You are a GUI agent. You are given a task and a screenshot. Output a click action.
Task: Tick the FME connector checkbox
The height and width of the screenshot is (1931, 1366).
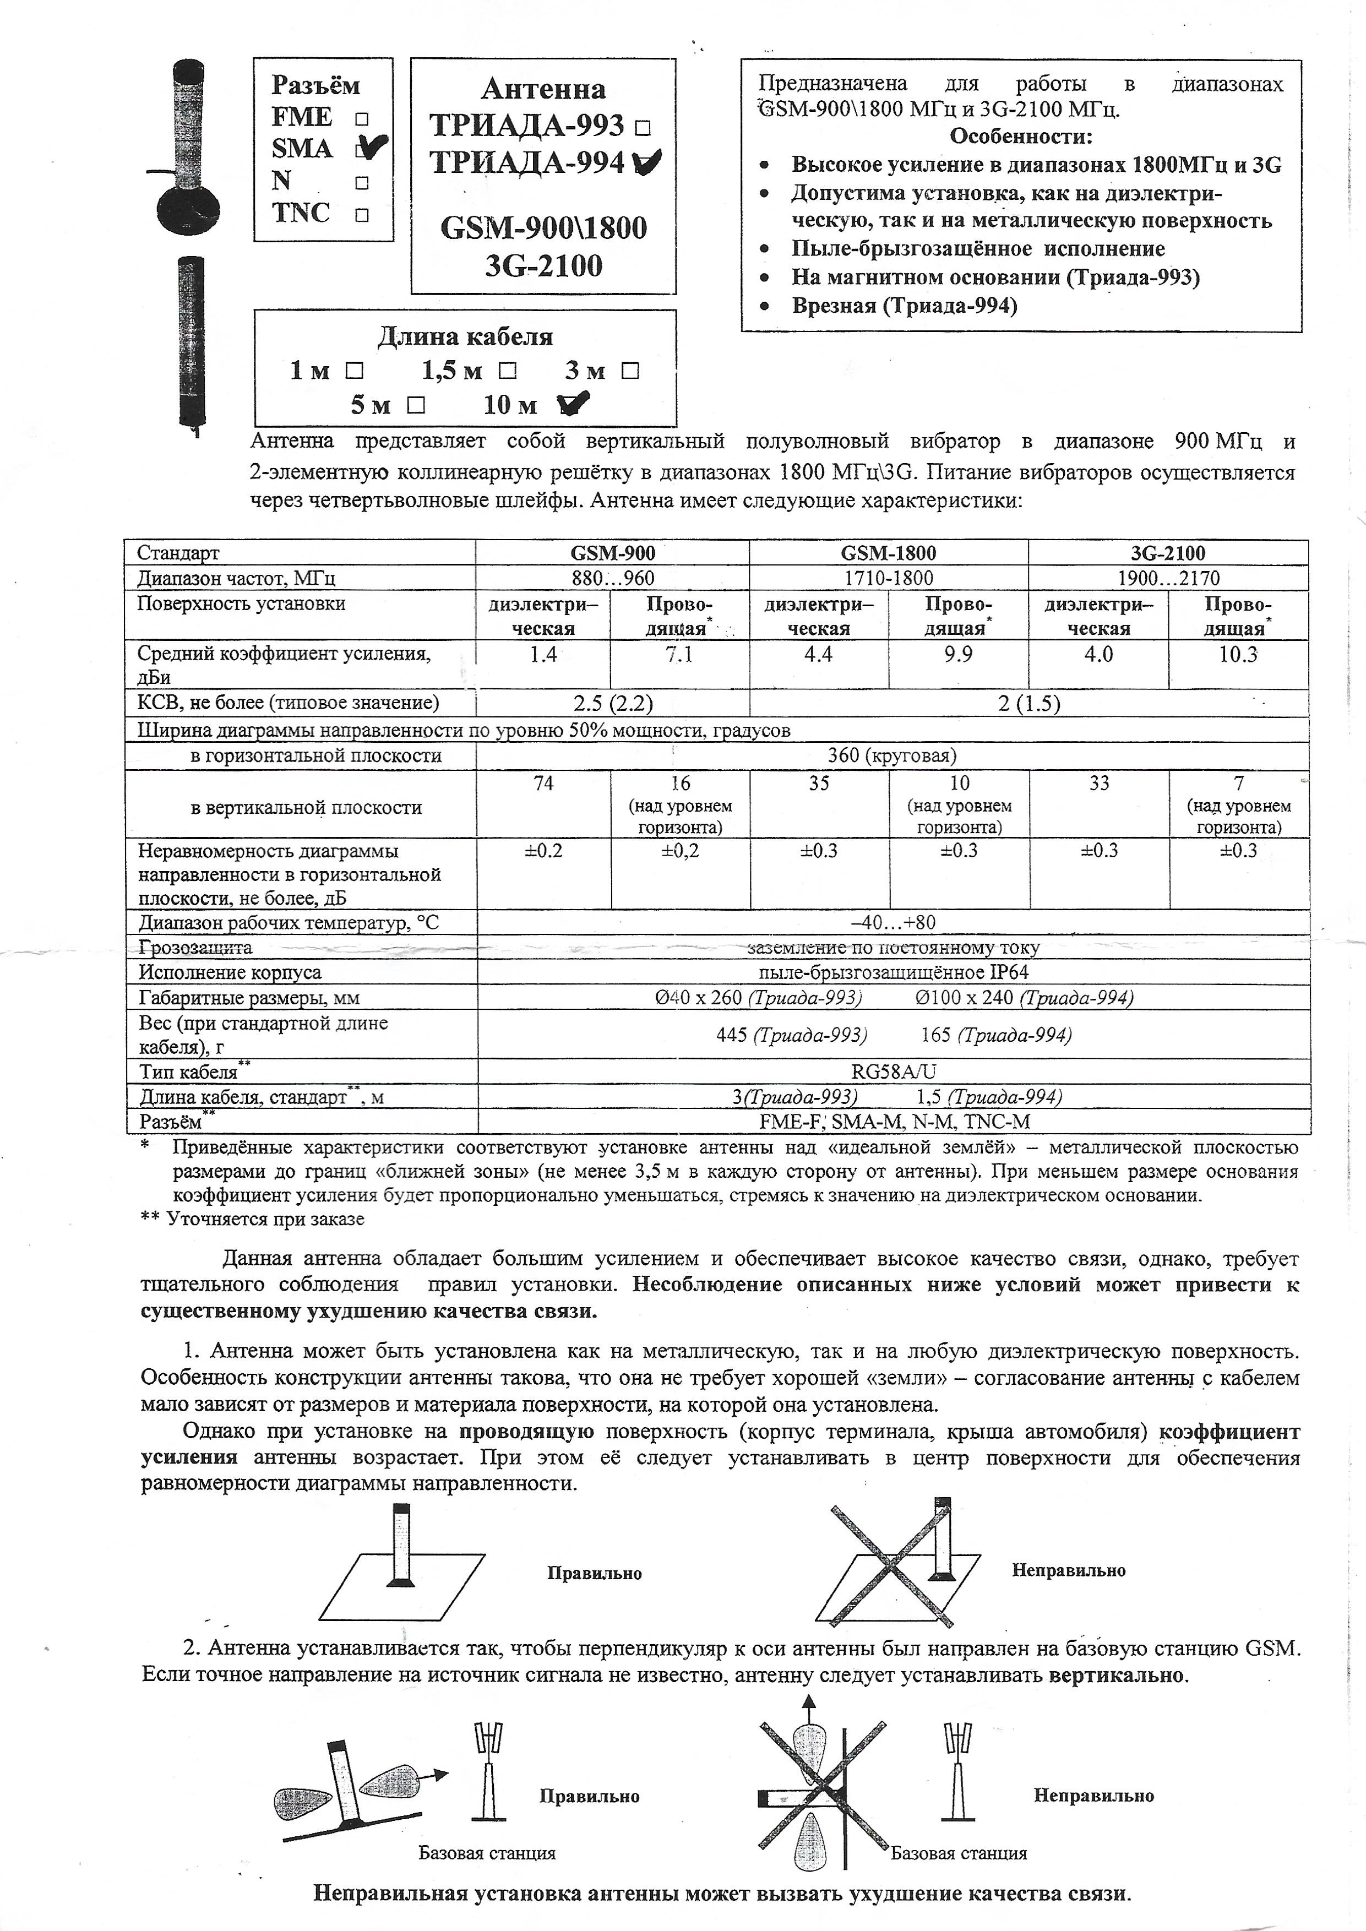point(362,118)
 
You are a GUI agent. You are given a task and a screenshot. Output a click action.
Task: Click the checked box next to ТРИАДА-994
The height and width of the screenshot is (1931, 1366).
point(646,161)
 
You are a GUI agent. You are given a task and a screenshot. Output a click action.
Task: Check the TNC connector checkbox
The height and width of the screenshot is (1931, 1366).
point(362,214)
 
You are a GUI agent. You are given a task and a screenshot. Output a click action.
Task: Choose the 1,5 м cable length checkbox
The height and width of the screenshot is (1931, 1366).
point(507,370)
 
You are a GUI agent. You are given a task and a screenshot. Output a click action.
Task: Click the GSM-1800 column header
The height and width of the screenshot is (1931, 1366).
point(888,553)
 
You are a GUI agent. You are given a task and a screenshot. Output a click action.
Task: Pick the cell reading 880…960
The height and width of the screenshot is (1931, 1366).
point(612,578)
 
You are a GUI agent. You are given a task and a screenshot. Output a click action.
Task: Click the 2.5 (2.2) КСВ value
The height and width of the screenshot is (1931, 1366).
point(612,703)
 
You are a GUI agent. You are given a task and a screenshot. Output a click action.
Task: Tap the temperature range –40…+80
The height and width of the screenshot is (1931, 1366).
point(892,923)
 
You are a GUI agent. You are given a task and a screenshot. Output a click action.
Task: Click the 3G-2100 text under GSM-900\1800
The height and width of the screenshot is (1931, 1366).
point(543,266)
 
